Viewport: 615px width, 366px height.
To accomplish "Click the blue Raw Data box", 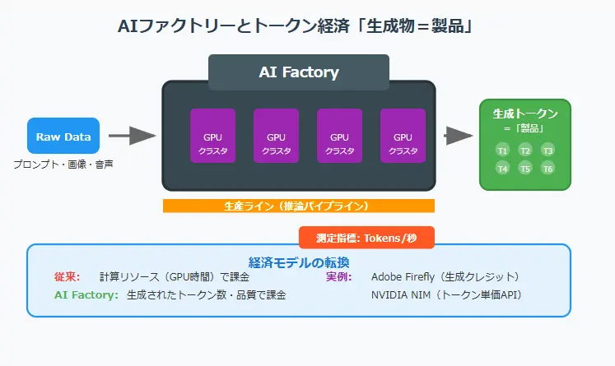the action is pos(63,136).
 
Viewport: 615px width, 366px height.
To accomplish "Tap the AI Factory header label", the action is pos(299,72).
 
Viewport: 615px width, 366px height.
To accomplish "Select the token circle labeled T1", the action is pos(502,151).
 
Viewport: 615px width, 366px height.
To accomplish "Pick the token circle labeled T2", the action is pos(525,151).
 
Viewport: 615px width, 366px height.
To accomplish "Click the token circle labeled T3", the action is pos(548,151).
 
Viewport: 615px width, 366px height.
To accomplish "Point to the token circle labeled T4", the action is pos(502,169).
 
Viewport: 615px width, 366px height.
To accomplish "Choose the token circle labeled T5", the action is pos(525,169).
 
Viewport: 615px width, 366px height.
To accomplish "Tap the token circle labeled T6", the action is pos(548,169).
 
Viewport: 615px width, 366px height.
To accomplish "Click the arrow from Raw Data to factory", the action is pos(133,136).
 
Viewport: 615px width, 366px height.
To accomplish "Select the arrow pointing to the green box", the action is pos(459,136).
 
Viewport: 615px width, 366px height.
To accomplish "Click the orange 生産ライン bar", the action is pos(299,206).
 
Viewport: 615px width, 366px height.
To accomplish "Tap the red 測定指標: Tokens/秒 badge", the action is pos(366,238).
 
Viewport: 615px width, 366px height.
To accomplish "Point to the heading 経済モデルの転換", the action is pos(299,262).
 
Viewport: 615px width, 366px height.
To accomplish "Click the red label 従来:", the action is pos(67,276).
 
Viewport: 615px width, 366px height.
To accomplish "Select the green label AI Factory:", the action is pos(86,294).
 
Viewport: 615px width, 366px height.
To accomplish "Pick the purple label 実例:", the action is pos(339,276).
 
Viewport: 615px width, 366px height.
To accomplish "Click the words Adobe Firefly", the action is pos(403,277).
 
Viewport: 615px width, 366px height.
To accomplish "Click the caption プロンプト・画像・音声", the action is pos(63,164).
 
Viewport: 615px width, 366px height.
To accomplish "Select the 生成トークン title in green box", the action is pos(525,114).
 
